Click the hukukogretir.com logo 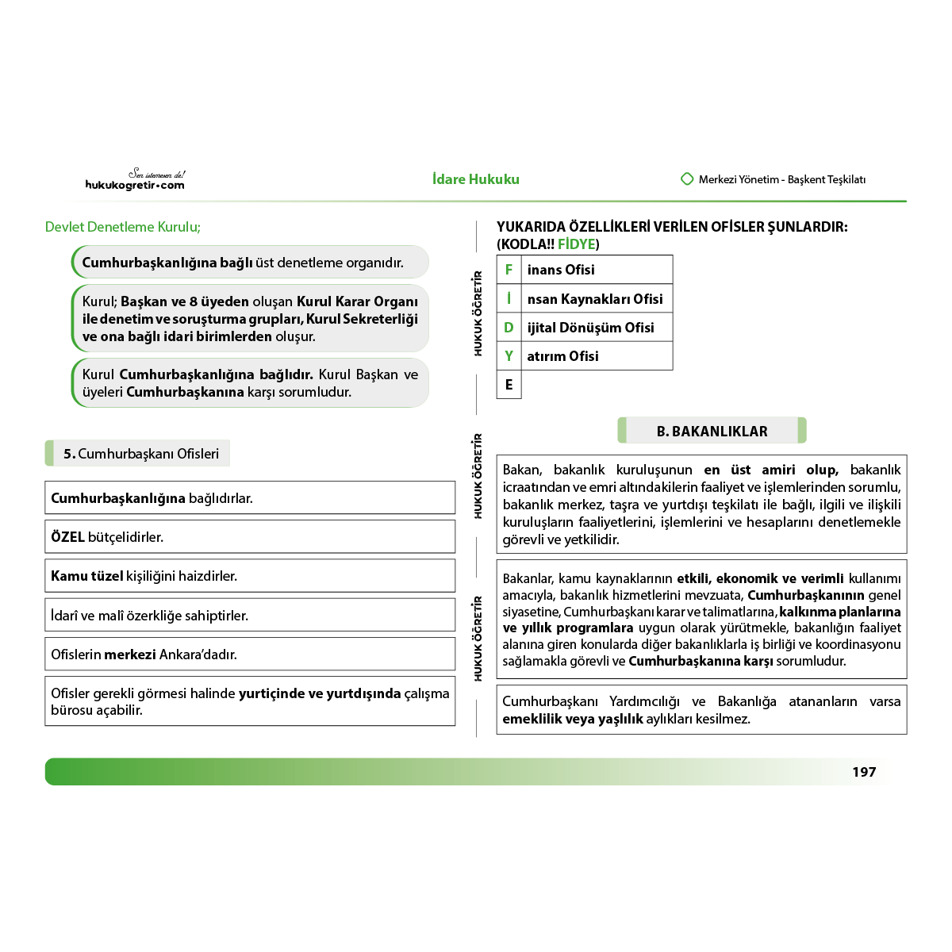(x=135, y=181)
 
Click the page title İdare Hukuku (x=476, y=179)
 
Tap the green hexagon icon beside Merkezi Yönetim (x=687, y=179)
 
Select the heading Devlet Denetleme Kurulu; (x=123, y=227)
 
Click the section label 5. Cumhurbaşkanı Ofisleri (x=140, y=454)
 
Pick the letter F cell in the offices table (x=509, y=270)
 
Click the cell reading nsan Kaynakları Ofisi (x=595, y=299)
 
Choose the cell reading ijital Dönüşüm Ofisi (x=590, y=328)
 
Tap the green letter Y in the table (x=509, y=356)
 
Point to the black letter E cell (x=509, y=385)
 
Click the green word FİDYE (x=576, y=244)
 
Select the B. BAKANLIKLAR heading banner (x=712, y=431)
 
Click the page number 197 (x=864, y=772)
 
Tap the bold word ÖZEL (x=67, y=537)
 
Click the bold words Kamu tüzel (x=87, y=576)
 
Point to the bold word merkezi (x=130, y=654)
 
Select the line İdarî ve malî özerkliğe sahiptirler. (x=150, y=616)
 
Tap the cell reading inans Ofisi (x=561, y=270)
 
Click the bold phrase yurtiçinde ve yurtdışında (x=320, y=693)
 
